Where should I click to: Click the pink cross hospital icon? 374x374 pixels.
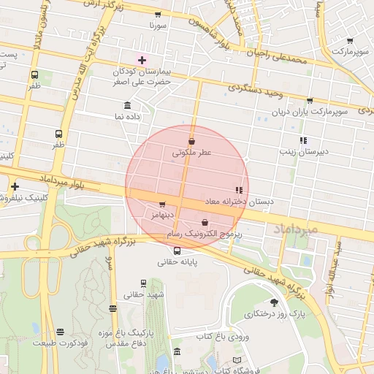coord(142,59)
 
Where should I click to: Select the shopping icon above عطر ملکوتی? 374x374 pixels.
coord(191,141)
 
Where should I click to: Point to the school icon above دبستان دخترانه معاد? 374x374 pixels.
coord(239,190)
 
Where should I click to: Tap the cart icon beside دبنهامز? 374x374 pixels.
coord(162,205)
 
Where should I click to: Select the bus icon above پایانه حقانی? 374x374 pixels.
coord(177,251)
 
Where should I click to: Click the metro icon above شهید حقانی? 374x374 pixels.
coord(143,283)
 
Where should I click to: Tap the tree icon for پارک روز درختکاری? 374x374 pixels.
coord(274,302)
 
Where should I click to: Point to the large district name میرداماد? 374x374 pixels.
coord(296,229)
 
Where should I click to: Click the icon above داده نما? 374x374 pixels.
coord(128,105)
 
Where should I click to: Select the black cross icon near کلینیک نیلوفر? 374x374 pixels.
coord(15,186)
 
